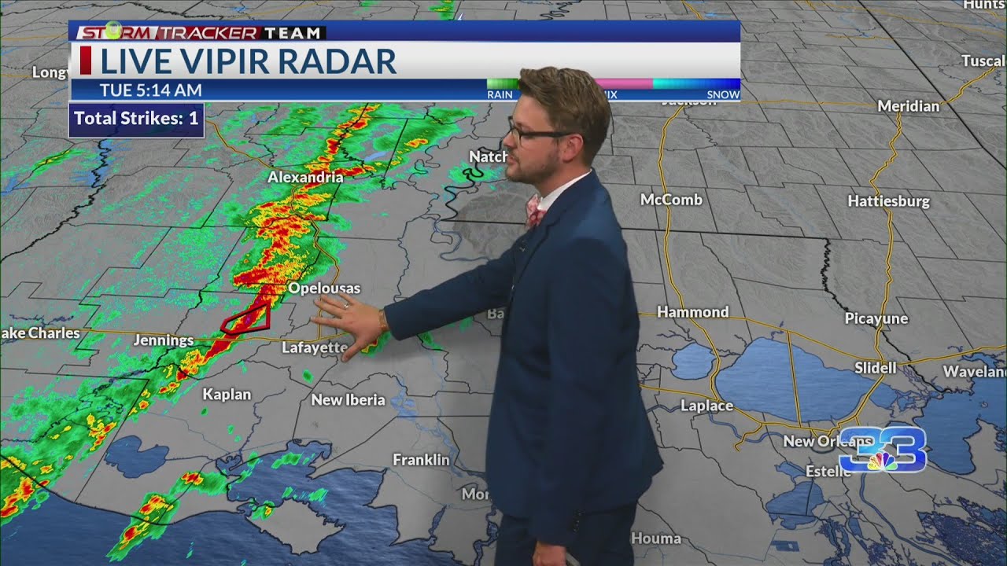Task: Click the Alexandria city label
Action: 305,178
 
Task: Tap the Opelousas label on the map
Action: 323,289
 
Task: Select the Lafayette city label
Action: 314,347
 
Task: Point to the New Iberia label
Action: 348,400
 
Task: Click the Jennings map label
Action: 164,340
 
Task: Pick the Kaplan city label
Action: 227,395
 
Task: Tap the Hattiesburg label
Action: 888,201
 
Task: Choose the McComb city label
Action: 671,200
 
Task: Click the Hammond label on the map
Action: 692,312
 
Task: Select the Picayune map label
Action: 876,318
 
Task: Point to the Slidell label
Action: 875,367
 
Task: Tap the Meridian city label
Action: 908,106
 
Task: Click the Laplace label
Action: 706,406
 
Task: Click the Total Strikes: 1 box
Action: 136,119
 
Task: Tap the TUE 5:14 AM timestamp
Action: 150,90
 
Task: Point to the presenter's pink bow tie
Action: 535,211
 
